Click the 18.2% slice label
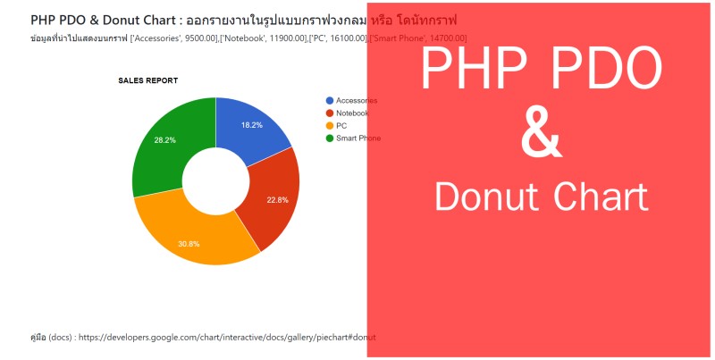252,125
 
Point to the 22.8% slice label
277,200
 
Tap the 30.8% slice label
189,244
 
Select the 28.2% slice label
164,140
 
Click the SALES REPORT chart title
147,80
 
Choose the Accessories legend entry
357,101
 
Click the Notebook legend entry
352,113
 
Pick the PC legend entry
341,126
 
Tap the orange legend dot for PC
330,126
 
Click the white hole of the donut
215,180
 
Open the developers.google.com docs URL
227,338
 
